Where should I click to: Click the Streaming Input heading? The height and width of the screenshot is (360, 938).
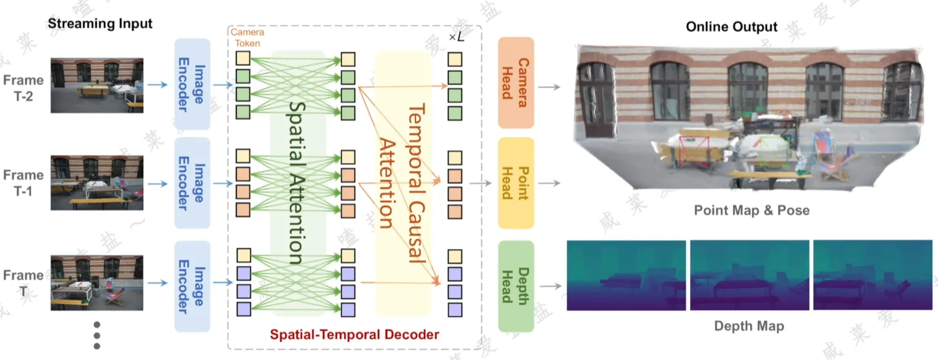100,24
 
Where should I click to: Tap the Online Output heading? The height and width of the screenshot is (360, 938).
732,26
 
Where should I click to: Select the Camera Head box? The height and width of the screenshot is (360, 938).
516,82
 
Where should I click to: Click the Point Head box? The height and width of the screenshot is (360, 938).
516,183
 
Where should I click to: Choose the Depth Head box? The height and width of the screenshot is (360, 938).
516,286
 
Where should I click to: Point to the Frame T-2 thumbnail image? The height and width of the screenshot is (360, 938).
97,86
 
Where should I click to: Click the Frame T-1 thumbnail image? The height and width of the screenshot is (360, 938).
97,183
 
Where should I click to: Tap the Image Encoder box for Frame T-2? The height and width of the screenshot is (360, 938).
193,86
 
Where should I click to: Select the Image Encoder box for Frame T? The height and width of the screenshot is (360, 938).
193,287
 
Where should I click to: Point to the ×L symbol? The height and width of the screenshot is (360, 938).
456,38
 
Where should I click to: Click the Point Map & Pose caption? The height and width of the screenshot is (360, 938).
752,210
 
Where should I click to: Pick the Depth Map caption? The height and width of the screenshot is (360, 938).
749,326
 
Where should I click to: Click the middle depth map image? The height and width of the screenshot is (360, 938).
749,275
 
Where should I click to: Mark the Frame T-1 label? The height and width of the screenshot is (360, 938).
23,183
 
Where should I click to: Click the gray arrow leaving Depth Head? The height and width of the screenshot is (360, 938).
552,286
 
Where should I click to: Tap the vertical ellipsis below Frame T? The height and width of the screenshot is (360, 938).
97,335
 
